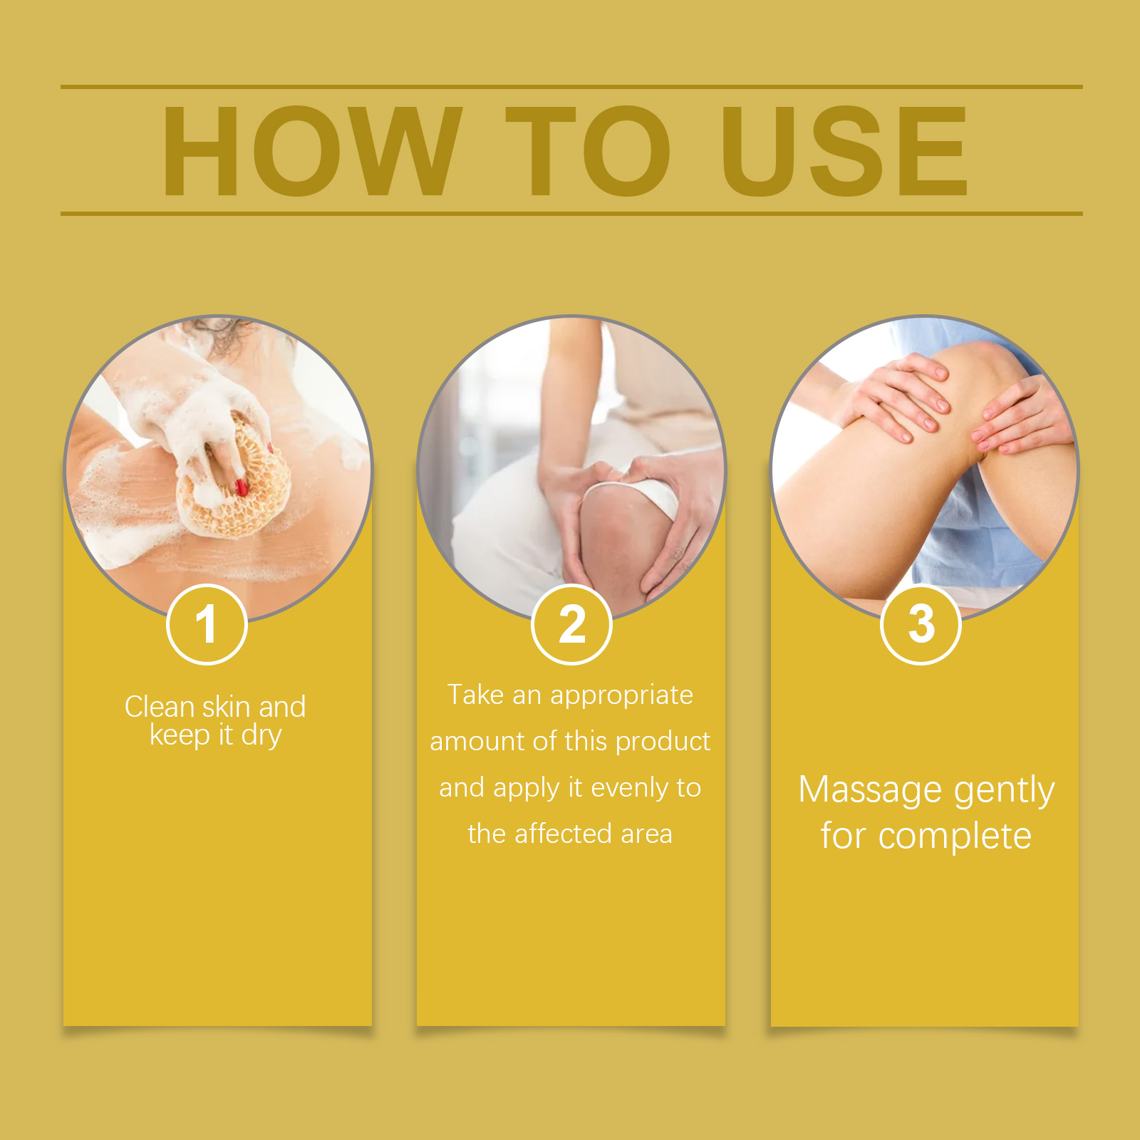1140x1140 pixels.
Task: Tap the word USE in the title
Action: tap(844, 150)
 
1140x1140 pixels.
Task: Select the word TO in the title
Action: tap(589, 150)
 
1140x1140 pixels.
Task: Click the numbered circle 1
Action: tap(207, 624)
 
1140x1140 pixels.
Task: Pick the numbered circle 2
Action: tap(571, 624)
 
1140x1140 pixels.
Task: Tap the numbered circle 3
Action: tap(921, 624)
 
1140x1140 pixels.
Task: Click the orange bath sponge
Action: tap(235, 477)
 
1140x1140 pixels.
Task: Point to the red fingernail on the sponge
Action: tap(242, 487)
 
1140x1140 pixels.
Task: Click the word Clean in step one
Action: tap(160, 707)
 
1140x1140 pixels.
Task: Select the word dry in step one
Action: tap(261, 736)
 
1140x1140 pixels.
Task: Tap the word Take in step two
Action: tap(475, 695)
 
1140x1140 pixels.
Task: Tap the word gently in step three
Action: tap(1004, 792)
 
